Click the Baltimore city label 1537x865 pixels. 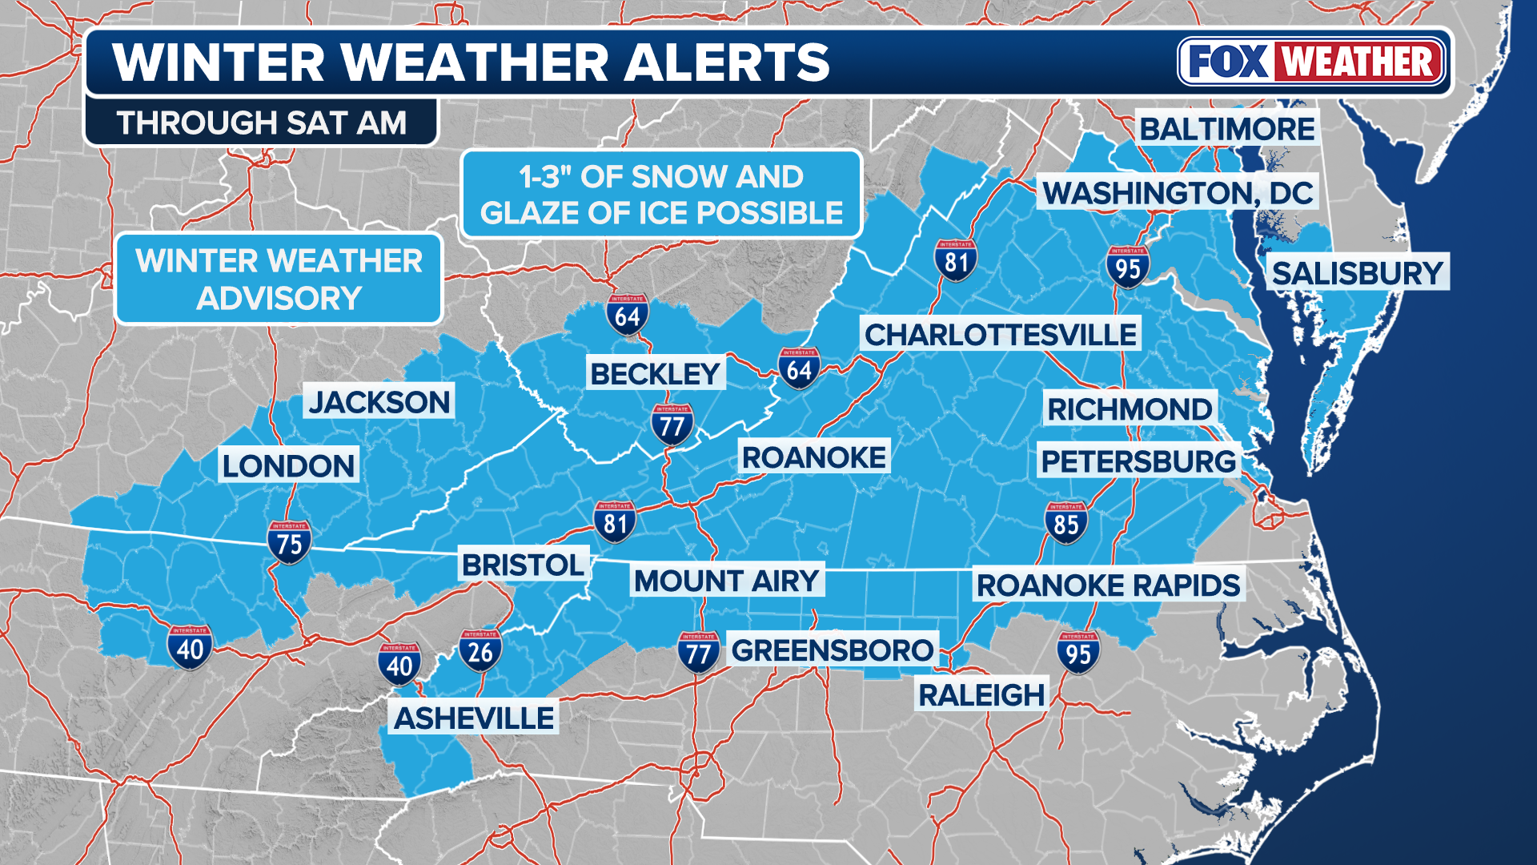(x=1226, y=129)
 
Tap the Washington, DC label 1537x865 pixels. (x=1177, y=193)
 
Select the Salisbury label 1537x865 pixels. (x=1358, y=274)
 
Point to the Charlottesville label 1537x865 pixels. (x=1001, y=335)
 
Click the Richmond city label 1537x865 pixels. (x=1129, y=409)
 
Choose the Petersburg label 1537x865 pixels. (x=1138, y=461)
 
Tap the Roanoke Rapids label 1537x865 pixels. (x=1108, y=585)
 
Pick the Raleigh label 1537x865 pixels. (x=981, y=695)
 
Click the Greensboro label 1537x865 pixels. (x=832, y=650)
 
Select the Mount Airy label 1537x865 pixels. (x=726, y=581)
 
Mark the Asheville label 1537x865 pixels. (x=474, y=718)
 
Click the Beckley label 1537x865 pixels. (x=655, y=373)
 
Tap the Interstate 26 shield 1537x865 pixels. (x=480, y=650)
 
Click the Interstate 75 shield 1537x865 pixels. (x=289, y=542)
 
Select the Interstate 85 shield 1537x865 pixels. (x=1065, y=523)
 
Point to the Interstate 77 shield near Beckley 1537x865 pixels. (x=672, y=424)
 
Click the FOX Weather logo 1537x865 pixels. (x=1311, y=62)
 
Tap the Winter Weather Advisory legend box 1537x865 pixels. (x=279, y=279)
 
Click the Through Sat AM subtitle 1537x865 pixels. (x=261, y=123)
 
